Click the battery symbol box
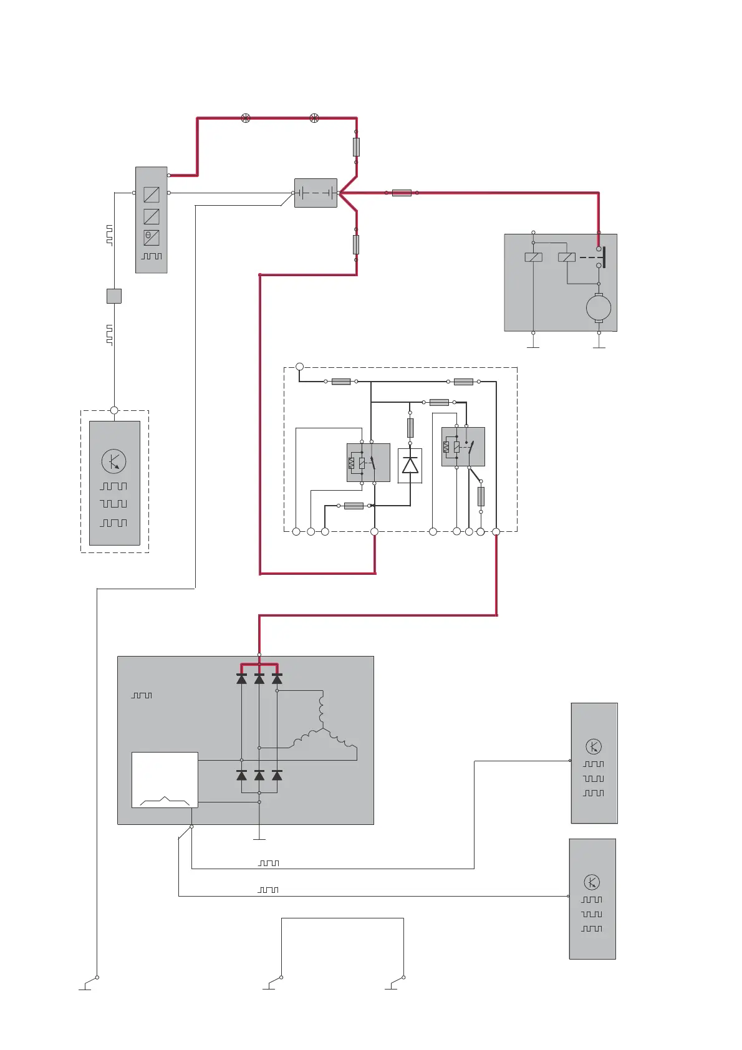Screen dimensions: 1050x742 [x=316, y=193]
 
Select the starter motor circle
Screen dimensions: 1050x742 [x=599, y=307]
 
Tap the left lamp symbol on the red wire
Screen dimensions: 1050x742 [x=246, y=118]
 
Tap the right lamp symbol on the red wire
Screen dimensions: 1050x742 [x=314, y=118]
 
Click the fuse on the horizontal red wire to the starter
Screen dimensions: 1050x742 [x=402, y=193]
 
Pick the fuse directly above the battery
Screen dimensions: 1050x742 [x=356, y=147]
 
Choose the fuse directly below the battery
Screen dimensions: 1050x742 [x=356, y=244]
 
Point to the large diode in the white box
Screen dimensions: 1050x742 [x=410, y=465]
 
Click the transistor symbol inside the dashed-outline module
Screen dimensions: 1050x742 [x=113, y=461]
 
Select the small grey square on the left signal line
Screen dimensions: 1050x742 [x=114, y=296]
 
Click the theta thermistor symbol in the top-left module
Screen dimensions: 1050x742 [x=152, y=238]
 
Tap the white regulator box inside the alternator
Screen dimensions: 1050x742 [x=165, y=779]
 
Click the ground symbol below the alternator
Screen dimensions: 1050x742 [x=259, y=839]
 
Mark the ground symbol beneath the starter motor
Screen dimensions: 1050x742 [x=599, y=347]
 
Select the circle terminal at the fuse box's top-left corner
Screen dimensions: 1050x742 [x=299, y=367]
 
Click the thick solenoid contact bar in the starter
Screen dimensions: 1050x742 [x=604, y=257]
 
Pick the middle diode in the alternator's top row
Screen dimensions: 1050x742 [x=259, y=678]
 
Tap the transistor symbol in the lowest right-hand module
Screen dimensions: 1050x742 [x=592, y=882]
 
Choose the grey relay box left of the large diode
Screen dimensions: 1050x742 [x=368, y=463]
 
